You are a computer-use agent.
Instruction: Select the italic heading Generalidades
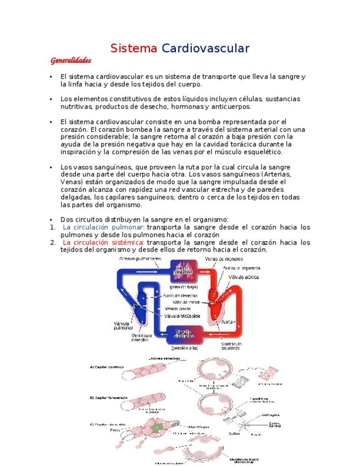(x=70, y=60)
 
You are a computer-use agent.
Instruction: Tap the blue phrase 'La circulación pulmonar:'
(x=103, y=227)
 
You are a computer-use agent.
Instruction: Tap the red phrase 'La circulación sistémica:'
(x=103, y=242)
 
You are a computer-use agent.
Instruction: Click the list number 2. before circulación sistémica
(x=52, y=242)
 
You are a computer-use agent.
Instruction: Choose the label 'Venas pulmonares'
(x=224, y=258)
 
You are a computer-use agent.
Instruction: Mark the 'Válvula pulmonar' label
(x=123, y=325)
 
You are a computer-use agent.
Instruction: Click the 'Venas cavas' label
(x=178, y=309)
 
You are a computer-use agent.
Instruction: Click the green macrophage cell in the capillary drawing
(x=158, y=428)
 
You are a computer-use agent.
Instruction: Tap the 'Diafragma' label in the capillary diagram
(x=270, y=415)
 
